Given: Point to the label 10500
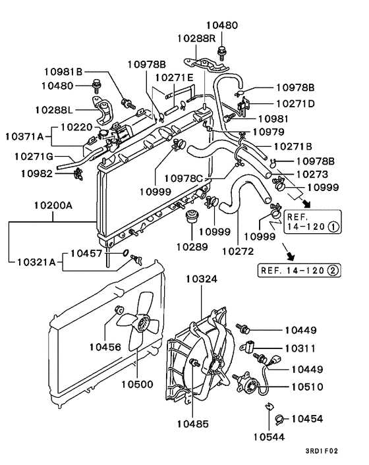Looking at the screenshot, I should (136, 383).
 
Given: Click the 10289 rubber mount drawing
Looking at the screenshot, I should (192, 217).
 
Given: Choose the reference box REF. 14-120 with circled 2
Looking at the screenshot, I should (295, 269).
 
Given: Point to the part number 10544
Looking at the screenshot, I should (270, 435).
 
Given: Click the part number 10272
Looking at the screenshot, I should (237, 250).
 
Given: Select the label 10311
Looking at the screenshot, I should (300, 348).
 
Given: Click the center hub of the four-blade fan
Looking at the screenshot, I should (141, 323).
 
